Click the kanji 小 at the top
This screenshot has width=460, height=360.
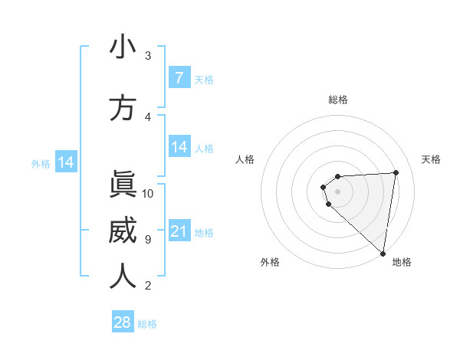coord(123,47)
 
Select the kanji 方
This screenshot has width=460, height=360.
coord(123,108)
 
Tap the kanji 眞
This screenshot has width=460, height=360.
coord(123,184)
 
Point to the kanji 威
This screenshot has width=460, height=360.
coord(123,230)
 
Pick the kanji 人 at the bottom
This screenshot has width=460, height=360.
coord(123,276)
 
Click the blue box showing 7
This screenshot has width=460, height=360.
coord(179,78)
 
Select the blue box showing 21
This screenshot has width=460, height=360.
coord(179,231)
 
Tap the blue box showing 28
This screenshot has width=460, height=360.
coord(123,322)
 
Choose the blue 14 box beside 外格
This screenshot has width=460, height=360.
coord(65,162)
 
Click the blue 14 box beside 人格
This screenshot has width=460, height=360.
coord(179,148)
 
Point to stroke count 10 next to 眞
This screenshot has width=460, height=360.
coord(148,194)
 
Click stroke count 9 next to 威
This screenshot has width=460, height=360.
coord(148,240)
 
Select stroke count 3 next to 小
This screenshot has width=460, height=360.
coord(148,56)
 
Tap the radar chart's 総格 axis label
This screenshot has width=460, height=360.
coord(338,100)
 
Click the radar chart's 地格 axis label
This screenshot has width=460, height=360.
coord(402,262)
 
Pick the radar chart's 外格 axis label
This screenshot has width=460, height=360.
coord(270,262)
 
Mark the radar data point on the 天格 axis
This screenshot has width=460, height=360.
coord(396,172)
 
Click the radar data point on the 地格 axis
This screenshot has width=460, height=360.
coord(383,253)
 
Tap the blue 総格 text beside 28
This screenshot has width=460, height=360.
coord(147,324)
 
